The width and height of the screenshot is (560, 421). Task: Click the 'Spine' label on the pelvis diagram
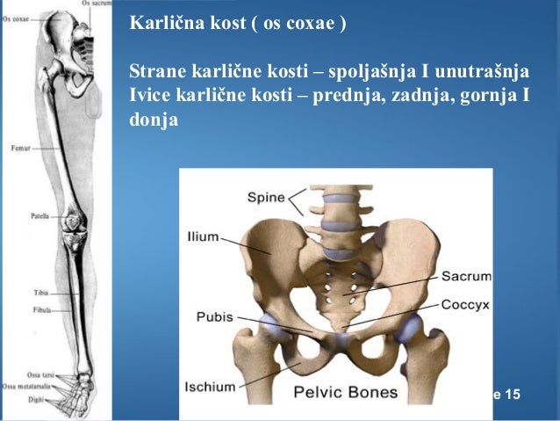[x=266, y=197]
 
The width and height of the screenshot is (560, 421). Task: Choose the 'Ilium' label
[x=202, y=237]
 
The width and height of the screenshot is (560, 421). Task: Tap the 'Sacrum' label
[x=465, y=276]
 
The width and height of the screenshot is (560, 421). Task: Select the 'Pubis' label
[x=215, y=317]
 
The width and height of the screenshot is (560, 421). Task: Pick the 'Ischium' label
[x=209, y=386]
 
